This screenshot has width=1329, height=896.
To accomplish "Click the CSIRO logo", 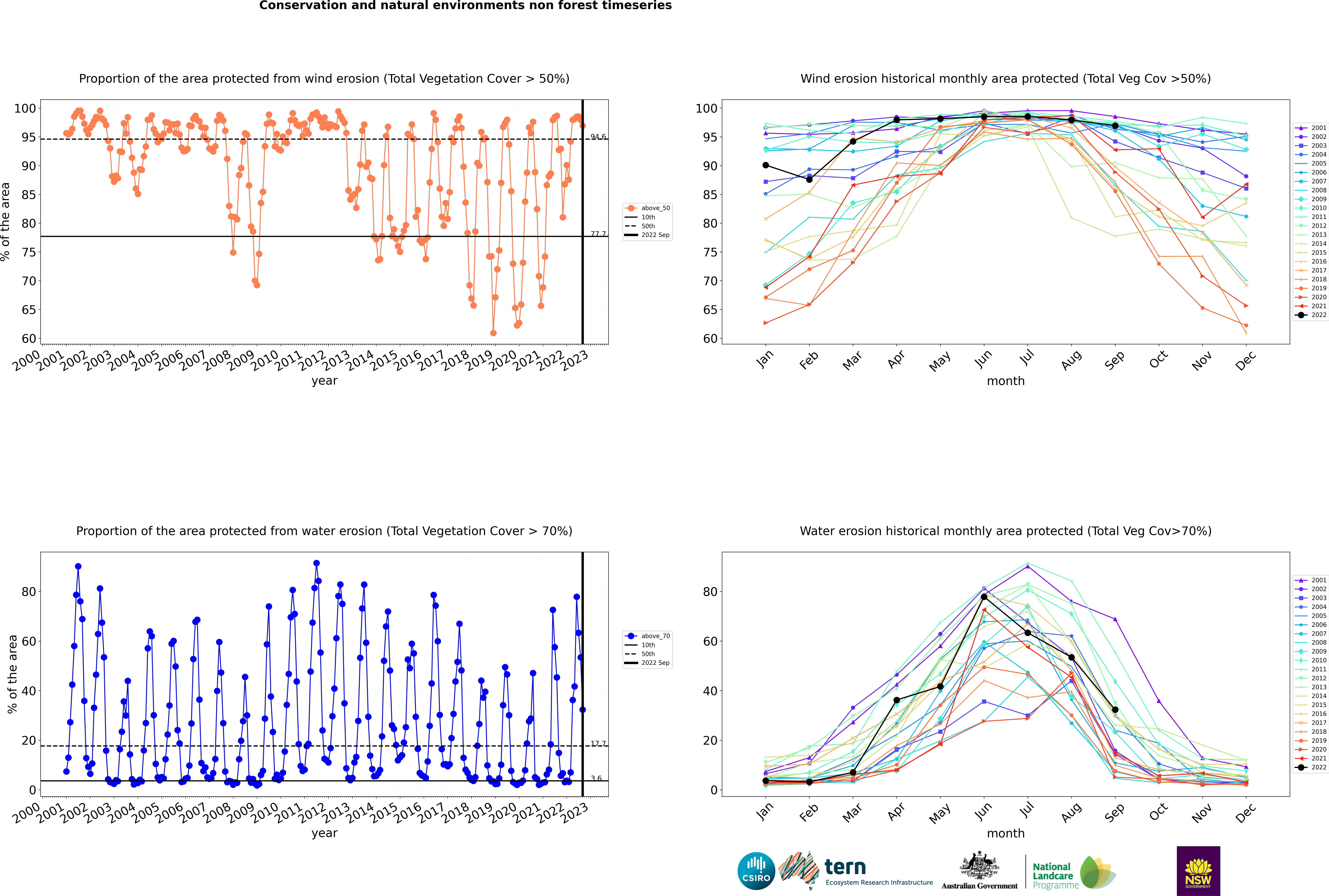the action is [x=756, y=871].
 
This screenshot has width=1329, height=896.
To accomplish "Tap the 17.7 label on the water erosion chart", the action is [x=598, y=743].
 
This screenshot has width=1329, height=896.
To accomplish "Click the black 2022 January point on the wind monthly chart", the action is [x=766, y=165].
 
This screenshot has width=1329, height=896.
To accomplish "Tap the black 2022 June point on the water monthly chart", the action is [x=984, y=597].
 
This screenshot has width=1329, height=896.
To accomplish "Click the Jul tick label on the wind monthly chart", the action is [x=1027, y=357].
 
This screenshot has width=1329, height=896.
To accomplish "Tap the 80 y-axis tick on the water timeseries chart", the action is [x=28, y=592].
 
